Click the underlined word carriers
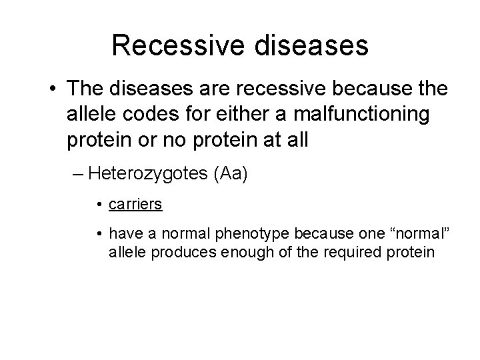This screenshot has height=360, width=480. tap(135, 204)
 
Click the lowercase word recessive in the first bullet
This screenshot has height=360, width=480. tap(265, 90)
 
